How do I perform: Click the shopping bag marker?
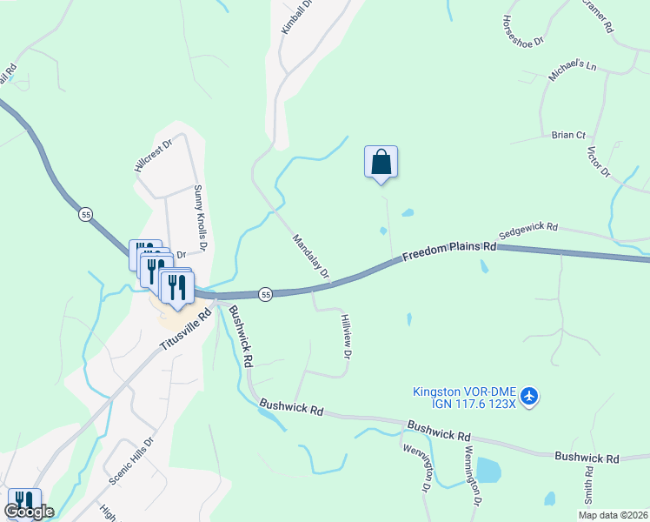pos(381,162)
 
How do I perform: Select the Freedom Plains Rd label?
pos(448,251)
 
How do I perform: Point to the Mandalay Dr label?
pos(311,257)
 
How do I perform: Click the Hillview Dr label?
pos(346,338)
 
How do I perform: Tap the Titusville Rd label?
pos(186,328)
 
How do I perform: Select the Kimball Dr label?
pos(289,17)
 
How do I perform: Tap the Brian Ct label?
pos(569,135)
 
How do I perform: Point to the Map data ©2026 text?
pos(612,515)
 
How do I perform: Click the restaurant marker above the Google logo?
pos(23,500)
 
